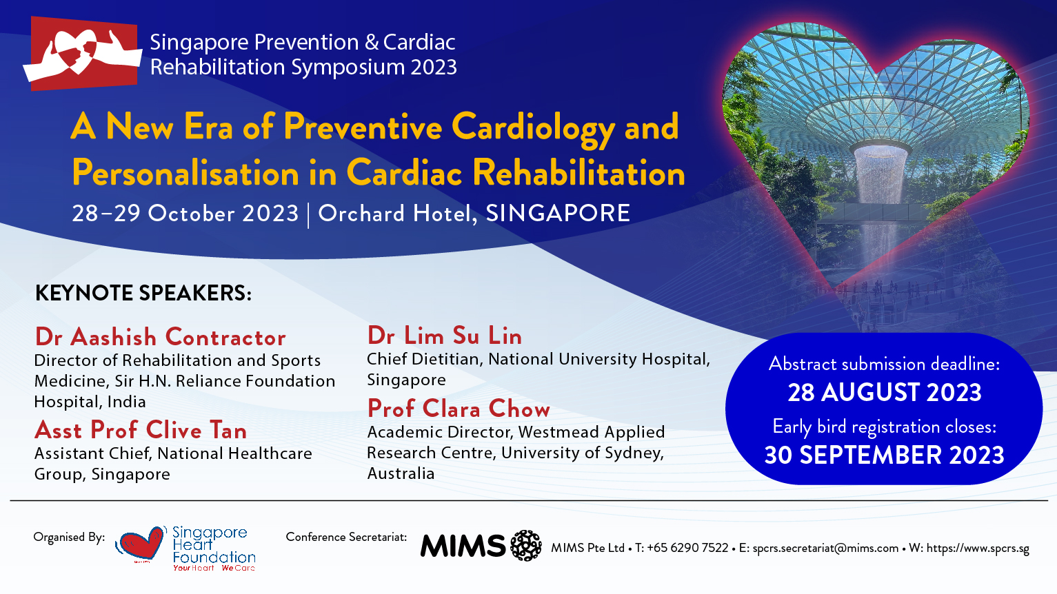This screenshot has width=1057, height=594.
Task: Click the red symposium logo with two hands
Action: click(83, 53)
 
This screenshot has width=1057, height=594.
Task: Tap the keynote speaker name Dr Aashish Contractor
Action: click(160, 337)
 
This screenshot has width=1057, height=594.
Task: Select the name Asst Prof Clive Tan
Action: click(141, 430)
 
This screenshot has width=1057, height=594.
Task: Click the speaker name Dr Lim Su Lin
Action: click(444, 336)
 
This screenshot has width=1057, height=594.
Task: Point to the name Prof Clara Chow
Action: click(459, 409)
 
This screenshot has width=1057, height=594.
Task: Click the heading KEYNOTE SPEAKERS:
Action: click(143, 293)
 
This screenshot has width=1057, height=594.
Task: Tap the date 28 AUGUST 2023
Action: click(885, 392)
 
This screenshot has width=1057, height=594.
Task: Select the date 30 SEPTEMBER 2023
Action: click(884, 455)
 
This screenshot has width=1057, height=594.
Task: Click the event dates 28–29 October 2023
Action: click(185, 214)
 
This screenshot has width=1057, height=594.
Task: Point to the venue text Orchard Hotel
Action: click(396, 214)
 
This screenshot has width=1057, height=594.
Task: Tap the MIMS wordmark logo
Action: click(463, 546)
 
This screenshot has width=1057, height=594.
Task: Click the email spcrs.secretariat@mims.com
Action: click(825, 549)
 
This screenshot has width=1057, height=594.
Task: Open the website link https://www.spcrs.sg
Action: click(978, 549)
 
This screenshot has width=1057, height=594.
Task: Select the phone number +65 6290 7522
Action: click(687, 549)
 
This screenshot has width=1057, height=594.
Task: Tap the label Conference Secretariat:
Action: click(346, 537)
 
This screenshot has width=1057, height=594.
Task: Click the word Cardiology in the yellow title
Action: click(533, 128)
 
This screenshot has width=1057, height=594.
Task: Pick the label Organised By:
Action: click(69, 537)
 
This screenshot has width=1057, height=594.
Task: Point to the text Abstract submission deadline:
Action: click(884, 364)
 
